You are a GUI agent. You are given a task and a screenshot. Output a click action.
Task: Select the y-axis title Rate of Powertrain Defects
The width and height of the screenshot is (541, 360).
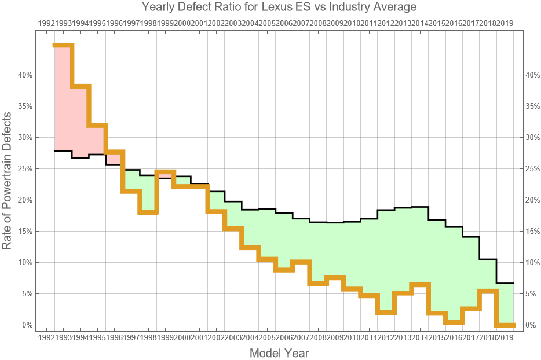7,182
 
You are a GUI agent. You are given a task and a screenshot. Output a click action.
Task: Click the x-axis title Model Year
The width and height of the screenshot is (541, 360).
279,352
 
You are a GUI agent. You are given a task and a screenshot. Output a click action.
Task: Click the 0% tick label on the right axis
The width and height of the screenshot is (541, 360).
530,325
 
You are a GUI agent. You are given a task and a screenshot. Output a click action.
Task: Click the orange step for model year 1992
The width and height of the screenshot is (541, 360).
63,45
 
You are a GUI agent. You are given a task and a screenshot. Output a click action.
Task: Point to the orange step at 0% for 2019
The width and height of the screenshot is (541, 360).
506,325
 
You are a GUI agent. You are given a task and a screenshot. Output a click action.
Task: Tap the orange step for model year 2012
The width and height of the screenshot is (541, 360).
386,312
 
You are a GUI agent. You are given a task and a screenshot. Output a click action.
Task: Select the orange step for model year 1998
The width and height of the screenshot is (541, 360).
148,212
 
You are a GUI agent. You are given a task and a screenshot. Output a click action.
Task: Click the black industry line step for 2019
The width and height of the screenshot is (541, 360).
506,283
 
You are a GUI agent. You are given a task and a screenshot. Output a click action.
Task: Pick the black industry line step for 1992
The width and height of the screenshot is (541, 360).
63,150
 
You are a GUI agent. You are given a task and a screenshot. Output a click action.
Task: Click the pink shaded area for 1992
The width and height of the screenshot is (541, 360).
63,98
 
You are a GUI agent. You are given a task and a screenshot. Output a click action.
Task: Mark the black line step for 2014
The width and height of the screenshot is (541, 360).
419,207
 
